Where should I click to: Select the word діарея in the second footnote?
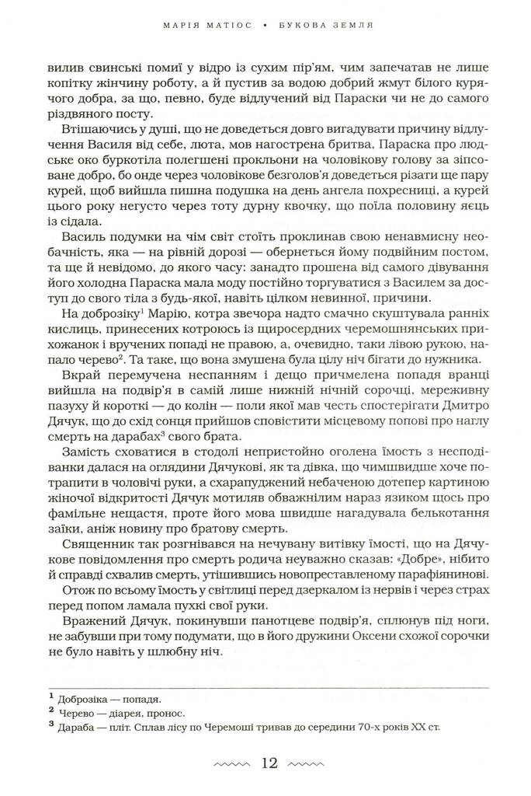(131, 713)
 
